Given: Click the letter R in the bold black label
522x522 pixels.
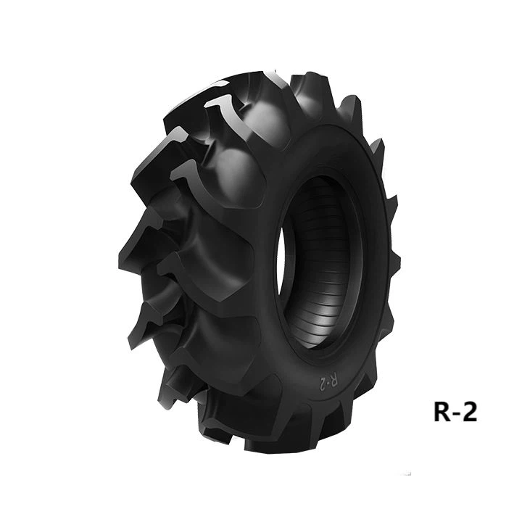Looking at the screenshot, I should click(443, 412).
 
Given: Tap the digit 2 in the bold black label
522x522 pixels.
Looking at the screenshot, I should click(469, 412).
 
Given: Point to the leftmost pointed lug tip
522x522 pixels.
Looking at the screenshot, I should click(120, 255).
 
